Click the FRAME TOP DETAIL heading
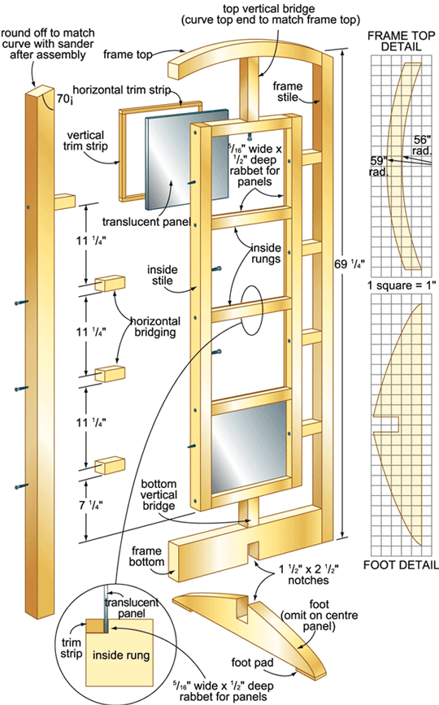[401, 41]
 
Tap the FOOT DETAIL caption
[400, 564]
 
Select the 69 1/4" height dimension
[349, 264]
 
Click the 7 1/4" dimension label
[91, 505]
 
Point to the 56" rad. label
[422, 146]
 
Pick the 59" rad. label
[378, 166]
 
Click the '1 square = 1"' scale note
[402, 285]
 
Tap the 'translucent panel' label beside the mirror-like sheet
[146, 222]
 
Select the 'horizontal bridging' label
[155, 327]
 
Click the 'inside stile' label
[163, 275]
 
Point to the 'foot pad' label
[252, 662]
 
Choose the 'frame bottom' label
[146, 556]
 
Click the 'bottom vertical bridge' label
[159, 494]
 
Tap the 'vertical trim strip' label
[85, 141]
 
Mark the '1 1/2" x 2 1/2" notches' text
[308, 574]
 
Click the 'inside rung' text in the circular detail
[121, 655]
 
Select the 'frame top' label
[128, 54]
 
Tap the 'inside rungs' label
[266, 253]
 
